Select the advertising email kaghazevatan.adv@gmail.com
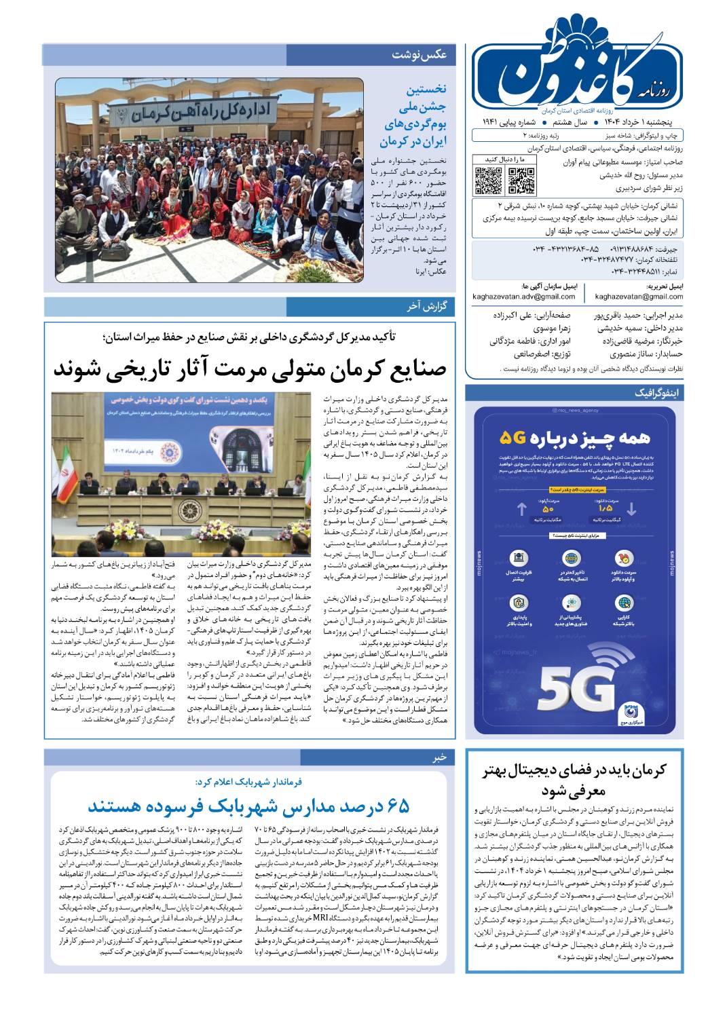[x=524, y=297]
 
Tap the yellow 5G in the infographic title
[x=514, y=437]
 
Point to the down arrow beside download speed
[x=631, y=509]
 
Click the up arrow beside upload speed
[x=521, y=509]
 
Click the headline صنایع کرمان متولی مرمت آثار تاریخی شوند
[x=250, y=369]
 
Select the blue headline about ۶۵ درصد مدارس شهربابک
[x=248, y=806]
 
